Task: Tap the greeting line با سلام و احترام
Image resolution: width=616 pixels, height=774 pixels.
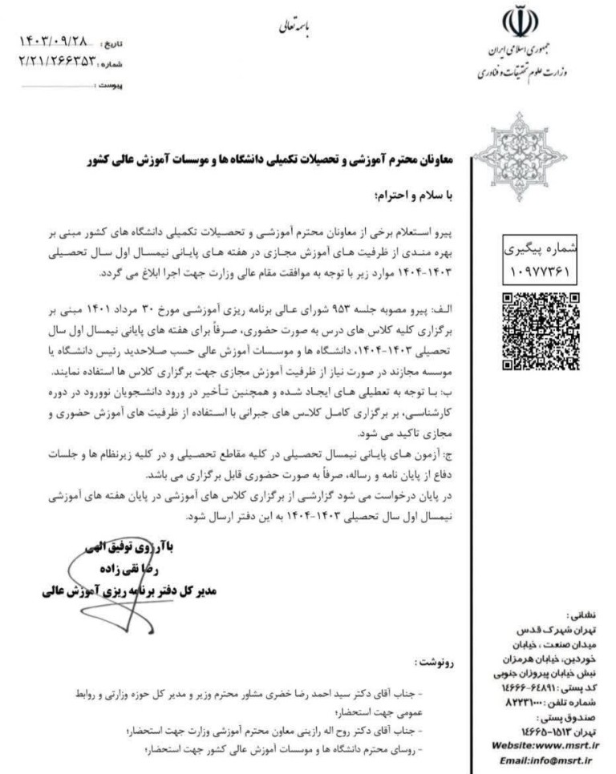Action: click(410, 195)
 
